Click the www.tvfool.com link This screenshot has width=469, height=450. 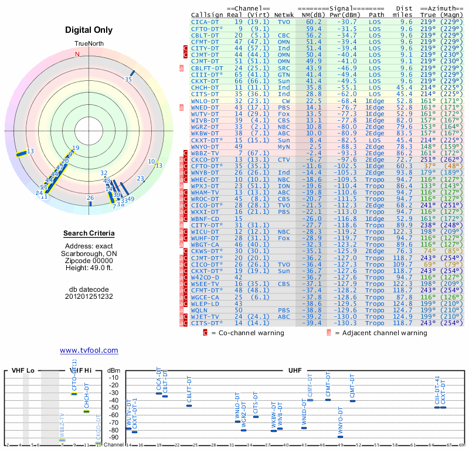coord(89,350)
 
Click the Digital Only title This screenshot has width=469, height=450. coord(89,30)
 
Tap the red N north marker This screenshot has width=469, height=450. coord(77,54)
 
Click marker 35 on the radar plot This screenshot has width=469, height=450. coord(128,79)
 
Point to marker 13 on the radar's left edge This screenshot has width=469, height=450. coord(30,151)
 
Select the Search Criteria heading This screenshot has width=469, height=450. coord(89,234)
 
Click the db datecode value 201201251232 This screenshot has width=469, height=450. coord(89,296)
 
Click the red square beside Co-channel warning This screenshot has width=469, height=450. coord(205,333)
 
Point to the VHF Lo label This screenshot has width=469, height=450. coord(22,370)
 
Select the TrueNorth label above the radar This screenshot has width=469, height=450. coord(89,45)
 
